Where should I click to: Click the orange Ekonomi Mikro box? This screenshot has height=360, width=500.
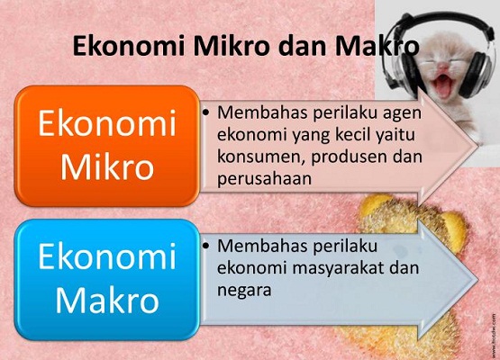pyautogui.click(x=105, y=144)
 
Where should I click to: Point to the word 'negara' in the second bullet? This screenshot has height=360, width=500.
pyautogui.click(x=243, y=288)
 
